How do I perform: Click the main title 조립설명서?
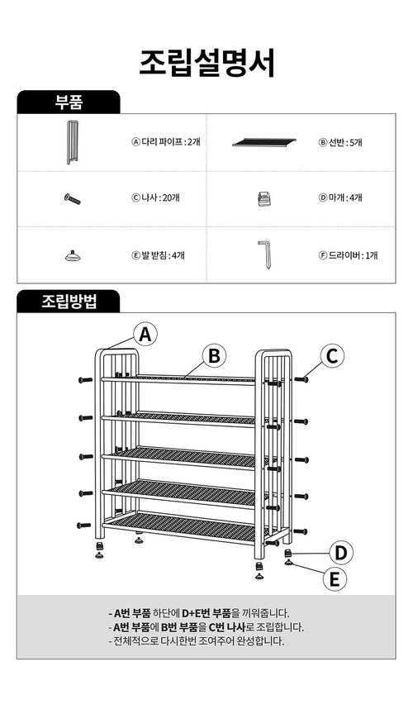pos(207,63)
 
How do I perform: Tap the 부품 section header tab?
pos(69,102)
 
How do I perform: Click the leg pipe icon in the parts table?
pos(72,142)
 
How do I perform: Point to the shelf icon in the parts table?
pos(264,142)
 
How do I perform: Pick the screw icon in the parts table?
pos(73,199)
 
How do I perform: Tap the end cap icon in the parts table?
pos(263,198)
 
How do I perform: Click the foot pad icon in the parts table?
pos(73,255)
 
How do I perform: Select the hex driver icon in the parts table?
pos(264,254)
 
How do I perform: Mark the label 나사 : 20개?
pos(156,197)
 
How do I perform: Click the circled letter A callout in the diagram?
pos(145,335)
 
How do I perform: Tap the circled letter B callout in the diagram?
pos(214,355)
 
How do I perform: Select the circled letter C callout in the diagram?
pos(333,355)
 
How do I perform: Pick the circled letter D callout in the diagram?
pos(340,553)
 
